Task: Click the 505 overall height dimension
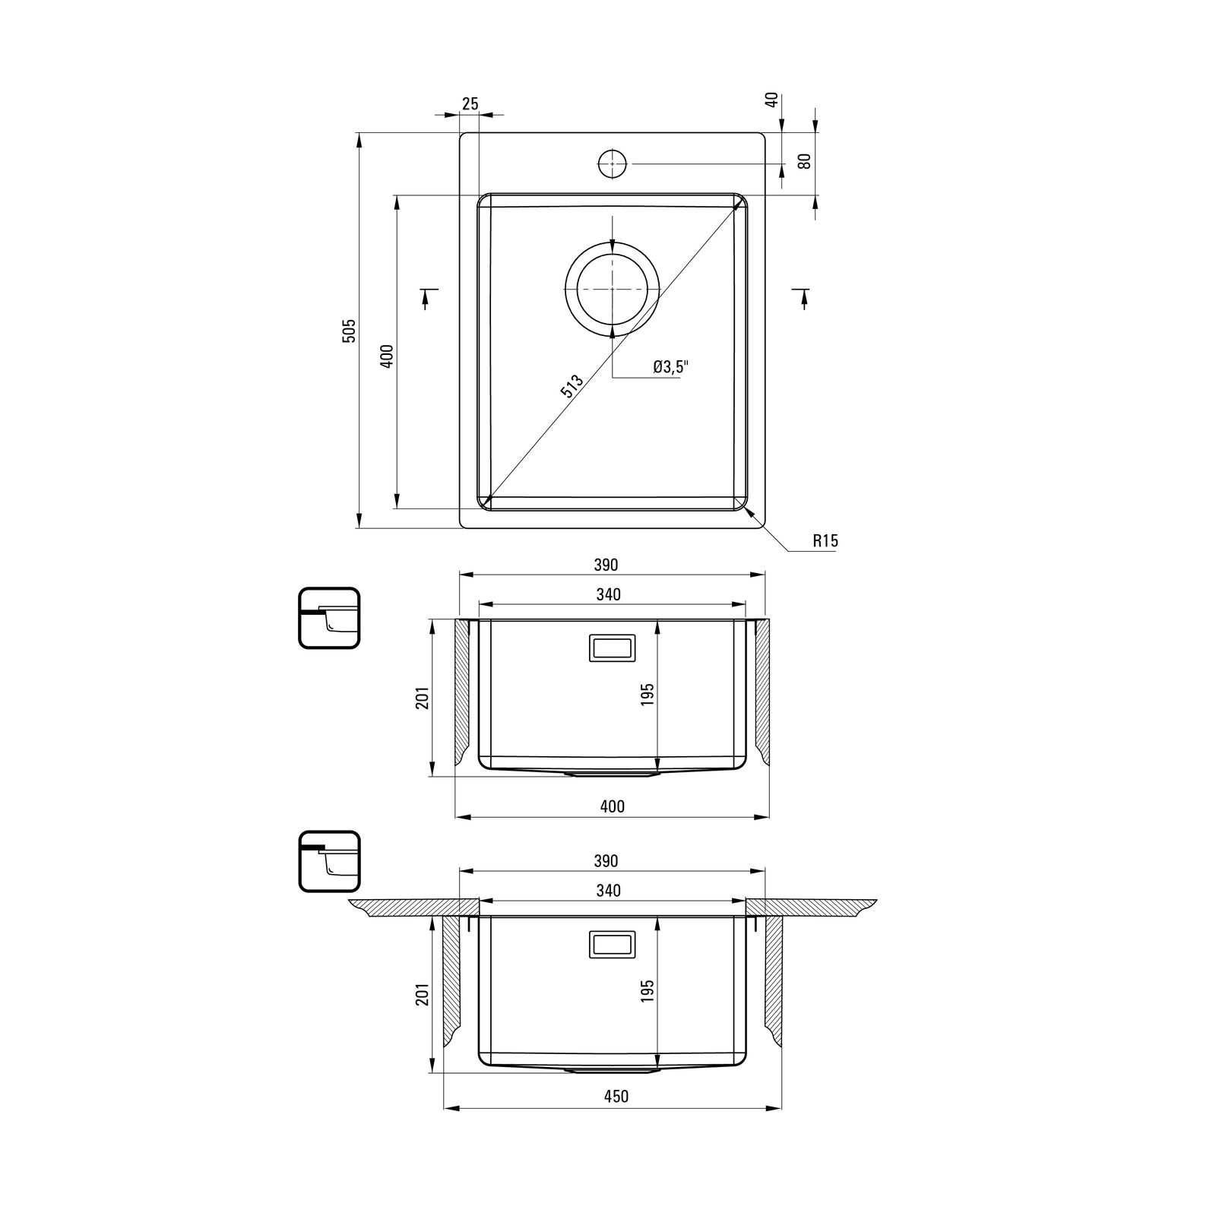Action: coord(349,331)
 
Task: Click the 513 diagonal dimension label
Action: coord(572,386)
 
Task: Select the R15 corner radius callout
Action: coord(825,541)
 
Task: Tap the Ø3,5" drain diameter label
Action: coord(671,367)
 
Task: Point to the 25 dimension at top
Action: coord(470,103)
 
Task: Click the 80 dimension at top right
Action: coord(806,161)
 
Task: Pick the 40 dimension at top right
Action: coord(772,100)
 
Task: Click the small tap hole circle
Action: coord(612,163)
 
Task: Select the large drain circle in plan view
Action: coord(613,289)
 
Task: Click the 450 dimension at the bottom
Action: coord(616,1096)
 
